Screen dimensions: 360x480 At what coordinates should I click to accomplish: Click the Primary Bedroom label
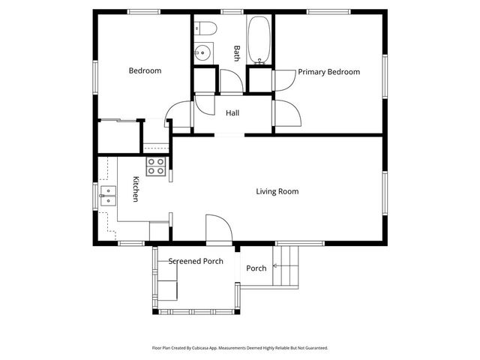(x=328, y=72)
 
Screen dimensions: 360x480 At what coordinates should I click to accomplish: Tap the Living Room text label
(x=277, y=191)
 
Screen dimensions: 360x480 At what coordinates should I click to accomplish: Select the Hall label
(x=232, y=113)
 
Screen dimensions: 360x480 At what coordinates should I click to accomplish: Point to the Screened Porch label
(x=195, y=261)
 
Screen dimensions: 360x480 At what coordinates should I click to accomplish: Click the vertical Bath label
(x=236, y=52)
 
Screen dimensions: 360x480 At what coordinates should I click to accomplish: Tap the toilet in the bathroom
(x=205, y=28)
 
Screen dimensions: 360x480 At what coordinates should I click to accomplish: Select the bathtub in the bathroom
(x=260, y=39)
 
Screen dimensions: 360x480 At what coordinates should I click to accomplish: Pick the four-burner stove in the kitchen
(x=156, y=166)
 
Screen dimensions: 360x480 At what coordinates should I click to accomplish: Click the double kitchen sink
(x=109, y=196)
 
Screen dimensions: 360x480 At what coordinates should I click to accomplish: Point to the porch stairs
(x=286, y=266)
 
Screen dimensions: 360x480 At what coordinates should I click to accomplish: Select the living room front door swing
(x=217, y=229)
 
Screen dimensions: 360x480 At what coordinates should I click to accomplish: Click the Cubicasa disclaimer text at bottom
(x=240, y=348)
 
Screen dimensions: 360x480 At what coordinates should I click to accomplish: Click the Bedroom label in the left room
(x=145, y=70)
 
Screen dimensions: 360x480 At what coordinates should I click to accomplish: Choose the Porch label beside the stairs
(x=256, y=268)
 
